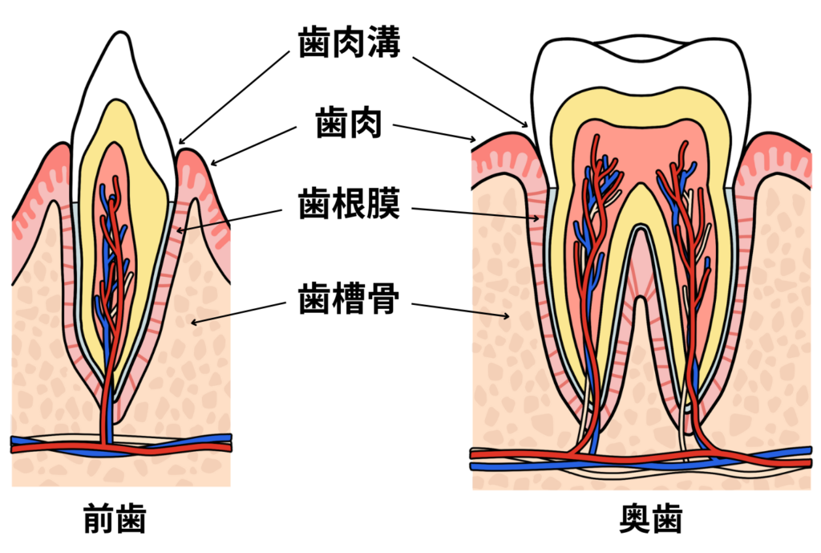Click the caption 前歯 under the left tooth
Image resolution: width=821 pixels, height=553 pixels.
pyautogui.click(x=115, y=520)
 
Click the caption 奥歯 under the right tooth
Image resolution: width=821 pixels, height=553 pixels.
pyautogui.click(x=650, y=520)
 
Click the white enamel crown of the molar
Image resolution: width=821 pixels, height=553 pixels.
pyautogui.click(x=641, y=72)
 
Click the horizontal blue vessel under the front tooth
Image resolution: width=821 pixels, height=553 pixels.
pyautogui.click(x=48, y=441)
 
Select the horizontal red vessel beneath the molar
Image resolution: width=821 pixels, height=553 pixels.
pyautogui.click(x=521, y=454)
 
